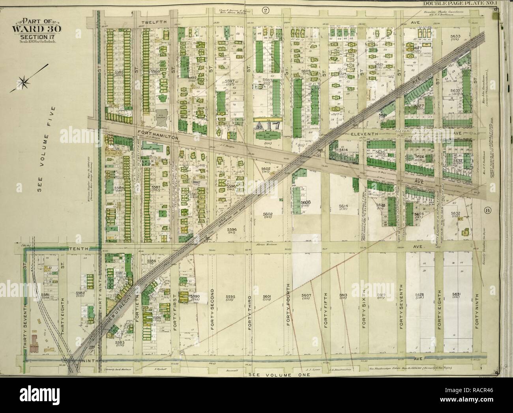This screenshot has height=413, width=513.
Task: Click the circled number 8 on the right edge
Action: pos(487,210)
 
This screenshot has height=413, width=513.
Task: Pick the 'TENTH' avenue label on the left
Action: pos(78,249)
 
